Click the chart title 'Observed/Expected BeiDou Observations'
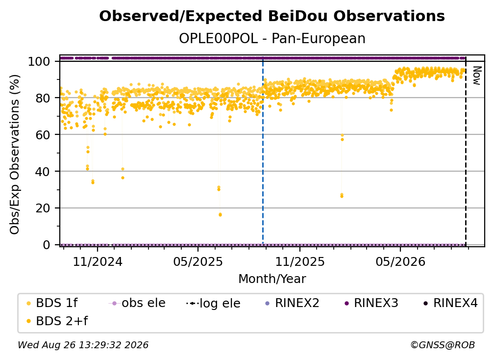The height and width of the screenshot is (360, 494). [272, 16]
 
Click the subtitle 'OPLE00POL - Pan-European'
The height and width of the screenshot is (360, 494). [272, 39]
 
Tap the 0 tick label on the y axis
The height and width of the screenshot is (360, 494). [46, 245]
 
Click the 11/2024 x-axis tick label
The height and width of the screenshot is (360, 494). [98, 261]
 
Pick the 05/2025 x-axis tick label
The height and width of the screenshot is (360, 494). [198, 261]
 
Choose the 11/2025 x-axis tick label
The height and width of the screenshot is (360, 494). [300, 261]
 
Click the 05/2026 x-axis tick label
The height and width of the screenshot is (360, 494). [400, 261]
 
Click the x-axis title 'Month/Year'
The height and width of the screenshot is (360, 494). [272, 279]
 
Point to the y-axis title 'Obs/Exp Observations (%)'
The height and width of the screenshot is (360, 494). [15, 154]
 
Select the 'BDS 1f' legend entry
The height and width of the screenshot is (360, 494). [52, 303]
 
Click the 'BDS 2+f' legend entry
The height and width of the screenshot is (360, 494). [57, 321]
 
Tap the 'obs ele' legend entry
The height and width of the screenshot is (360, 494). [137, 303]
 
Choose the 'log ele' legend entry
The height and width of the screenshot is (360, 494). [213, 304]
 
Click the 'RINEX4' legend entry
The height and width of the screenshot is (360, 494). [450, 303]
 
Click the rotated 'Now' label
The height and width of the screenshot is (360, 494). [477, 76]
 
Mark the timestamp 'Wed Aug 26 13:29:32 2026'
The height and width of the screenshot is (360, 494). [83, 345]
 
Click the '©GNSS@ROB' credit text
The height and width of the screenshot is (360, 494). [443, 345]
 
